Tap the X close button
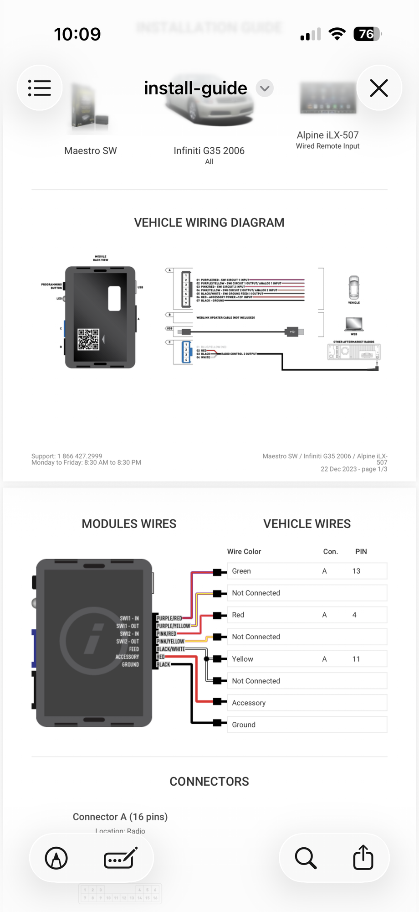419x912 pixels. click(379, 88)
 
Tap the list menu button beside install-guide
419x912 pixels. click(40, 88)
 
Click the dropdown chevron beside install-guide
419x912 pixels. click(265, 88)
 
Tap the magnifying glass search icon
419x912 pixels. click(306, 858)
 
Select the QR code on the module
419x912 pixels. click(88, 339)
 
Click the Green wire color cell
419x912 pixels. click(241, 571)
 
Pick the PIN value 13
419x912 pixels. click(356, 571)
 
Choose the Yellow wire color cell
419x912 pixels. click(242, 659)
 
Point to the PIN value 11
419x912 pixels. click(356, 659)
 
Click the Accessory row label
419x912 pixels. click(249, 703)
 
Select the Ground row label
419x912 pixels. click(244, 725)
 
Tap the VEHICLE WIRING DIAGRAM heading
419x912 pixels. click(209, 223)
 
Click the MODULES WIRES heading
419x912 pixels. click(129, 524)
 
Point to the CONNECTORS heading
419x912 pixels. click(209, 782)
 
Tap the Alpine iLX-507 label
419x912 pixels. click(327, 135)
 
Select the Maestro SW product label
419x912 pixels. click(91, 150)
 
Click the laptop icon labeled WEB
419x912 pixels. click(354, 324)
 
